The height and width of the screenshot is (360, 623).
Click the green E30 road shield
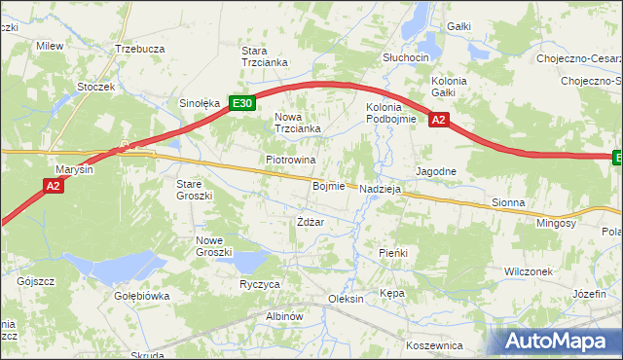tap(242, 102)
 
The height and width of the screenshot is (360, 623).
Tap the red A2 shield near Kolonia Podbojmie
tap(438, 120)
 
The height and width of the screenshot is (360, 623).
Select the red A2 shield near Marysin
tap(55, 184)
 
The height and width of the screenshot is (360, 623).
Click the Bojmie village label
tap(329, 186)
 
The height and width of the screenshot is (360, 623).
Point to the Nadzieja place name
tap(381, 189)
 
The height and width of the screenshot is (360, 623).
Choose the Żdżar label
tap(310, 222)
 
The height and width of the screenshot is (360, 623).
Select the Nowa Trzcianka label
tap(297, 123)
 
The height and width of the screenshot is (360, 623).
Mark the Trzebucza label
tap(139, 48)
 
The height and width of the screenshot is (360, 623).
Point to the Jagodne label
tap(436, 171)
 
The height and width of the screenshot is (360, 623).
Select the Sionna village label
tap(508, 203)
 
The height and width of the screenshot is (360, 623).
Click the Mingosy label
tap(556, 223)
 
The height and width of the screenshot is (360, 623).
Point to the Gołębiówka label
tap(142, 296)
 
